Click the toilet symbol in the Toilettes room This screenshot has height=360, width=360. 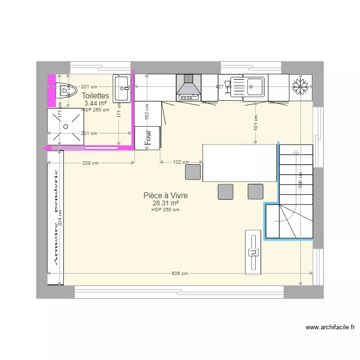tap(66, 90)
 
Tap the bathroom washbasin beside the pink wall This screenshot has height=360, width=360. tap(122, 88)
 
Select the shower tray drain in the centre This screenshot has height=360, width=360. tap(66, 126)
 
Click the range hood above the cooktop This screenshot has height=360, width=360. tap(189, 86)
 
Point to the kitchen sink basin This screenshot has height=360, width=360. tap(254, 87)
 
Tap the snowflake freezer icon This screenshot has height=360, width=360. tap(300, 87)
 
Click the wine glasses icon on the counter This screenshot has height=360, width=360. tap(227, 86)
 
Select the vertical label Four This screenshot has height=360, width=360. tap(148, 138)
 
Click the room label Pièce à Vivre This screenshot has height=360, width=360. tap(165, 196)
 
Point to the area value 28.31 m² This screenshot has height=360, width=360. tap(165, 203)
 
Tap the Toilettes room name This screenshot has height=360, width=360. tap(96, 96)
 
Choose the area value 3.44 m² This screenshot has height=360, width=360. tap(96, 103)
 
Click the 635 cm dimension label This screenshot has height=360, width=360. tap(180, 274)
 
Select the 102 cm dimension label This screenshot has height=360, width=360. tap(180, 163)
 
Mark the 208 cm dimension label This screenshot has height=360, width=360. tap(90, 163)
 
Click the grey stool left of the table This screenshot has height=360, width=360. tap(193, 172)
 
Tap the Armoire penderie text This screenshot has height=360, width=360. tap(56, 217)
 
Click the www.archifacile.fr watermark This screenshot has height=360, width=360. tap(330, 328)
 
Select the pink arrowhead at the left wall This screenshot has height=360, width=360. tap(45, 148)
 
